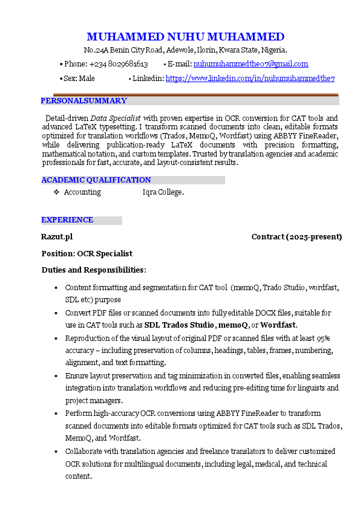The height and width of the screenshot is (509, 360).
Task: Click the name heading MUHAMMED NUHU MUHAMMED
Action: click(x=185, y=37)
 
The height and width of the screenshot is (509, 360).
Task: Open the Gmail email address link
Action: click(x=250, y=64)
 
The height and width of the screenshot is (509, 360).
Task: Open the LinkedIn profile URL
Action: click(x=250, y=79)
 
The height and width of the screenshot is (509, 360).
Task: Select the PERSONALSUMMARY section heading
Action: click(x=83, y=101)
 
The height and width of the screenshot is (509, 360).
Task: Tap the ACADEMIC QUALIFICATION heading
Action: click(x=96, y=180)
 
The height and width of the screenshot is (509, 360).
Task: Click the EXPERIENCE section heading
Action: click(x=67, y=220)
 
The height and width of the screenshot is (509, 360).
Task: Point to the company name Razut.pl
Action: click(x=57, y=237)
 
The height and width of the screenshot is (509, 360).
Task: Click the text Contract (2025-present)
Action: click(x=296, y=237)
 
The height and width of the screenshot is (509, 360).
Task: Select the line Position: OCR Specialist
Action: click(x=87, y=254)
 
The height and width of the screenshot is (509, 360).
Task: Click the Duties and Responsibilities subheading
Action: click(x=94, y=270)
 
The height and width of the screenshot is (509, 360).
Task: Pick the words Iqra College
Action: click(x=163, y=192)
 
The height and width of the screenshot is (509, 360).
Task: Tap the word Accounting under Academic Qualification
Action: click(x=82, y=192)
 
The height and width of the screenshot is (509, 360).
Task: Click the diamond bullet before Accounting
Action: click(x=56, y=192)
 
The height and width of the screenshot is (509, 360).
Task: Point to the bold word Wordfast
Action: click(x=278, y=325)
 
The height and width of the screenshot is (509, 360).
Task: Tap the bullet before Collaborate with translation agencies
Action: click(x=56, y=452)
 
